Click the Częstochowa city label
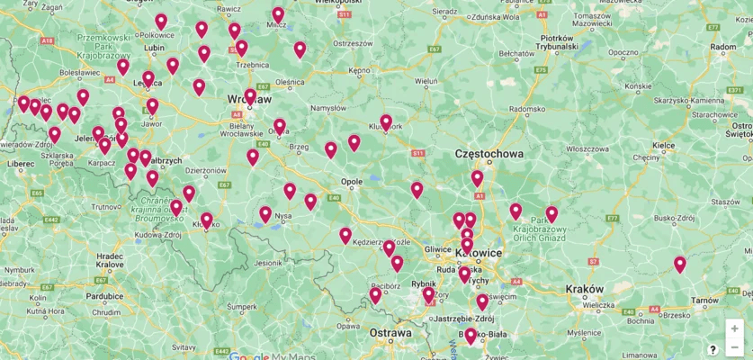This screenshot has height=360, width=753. tap(489, 154)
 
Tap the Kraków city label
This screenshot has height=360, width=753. tap(585, 289)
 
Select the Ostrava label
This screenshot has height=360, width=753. tap(390, 333)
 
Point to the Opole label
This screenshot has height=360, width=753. tap(351, 181)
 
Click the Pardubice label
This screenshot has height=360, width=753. tap(104, 295)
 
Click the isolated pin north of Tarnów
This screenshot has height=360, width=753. tap(679, 264)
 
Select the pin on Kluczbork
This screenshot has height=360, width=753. tap(386, 121)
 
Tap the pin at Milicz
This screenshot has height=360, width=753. tap(278, 14)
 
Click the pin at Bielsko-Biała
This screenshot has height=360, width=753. tap(470, 335)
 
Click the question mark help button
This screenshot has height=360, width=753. tap(713, 349)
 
